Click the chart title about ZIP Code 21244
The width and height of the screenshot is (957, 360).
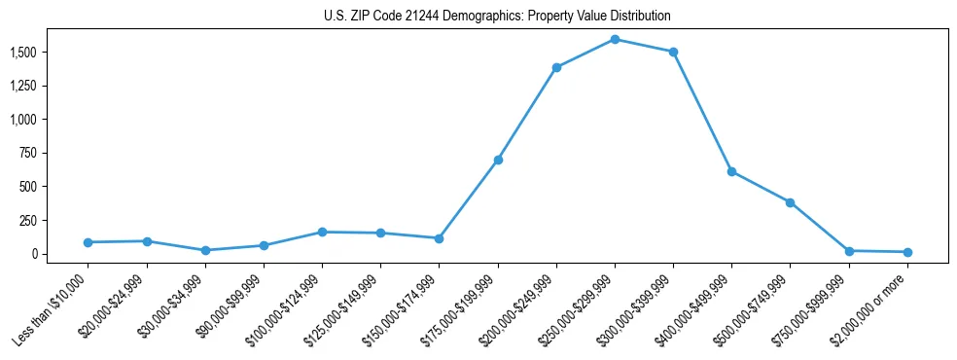[497, 17]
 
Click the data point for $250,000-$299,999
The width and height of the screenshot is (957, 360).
[615, 39]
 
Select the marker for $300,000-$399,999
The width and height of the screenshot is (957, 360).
[673, 52]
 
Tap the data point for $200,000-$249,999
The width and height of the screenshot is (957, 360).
[556, 67]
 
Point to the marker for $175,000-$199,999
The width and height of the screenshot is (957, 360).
[498, 160]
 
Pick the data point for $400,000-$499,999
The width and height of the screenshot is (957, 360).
[731, 171]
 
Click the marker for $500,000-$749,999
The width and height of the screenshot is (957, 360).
[790, 202]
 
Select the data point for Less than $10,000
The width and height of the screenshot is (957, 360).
[89, 242]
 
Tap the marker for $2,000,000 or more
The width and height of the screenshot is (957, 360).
[907, 252]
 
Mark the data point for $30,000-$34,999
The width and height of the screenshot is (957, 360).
[205, 250]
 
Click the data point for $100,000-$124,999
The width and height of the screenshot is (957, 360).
[322, 232]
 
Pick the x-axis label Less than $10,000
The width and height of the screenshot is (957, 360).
[52, 310]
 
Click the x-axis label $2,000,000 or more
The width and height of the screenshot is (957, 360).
[876, 306]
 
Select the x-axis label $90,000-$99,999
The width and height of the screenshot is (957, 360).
[230, 306]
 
